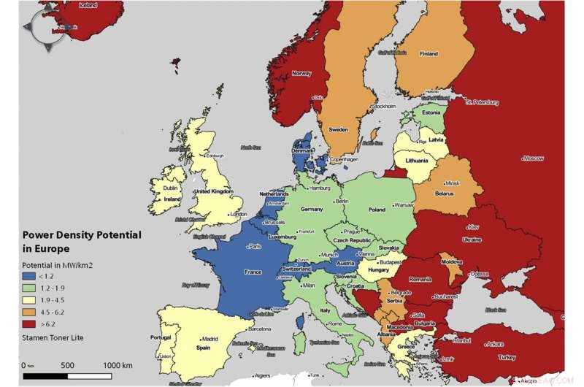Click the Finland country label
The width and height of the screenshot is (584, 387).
point(429,53)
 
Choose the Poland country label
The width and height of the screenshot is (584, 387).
point(377,209)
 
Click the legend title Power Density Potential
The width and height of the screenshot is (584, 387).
point(81,235)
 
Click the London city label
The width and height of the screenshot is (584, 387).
point(238,215)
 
